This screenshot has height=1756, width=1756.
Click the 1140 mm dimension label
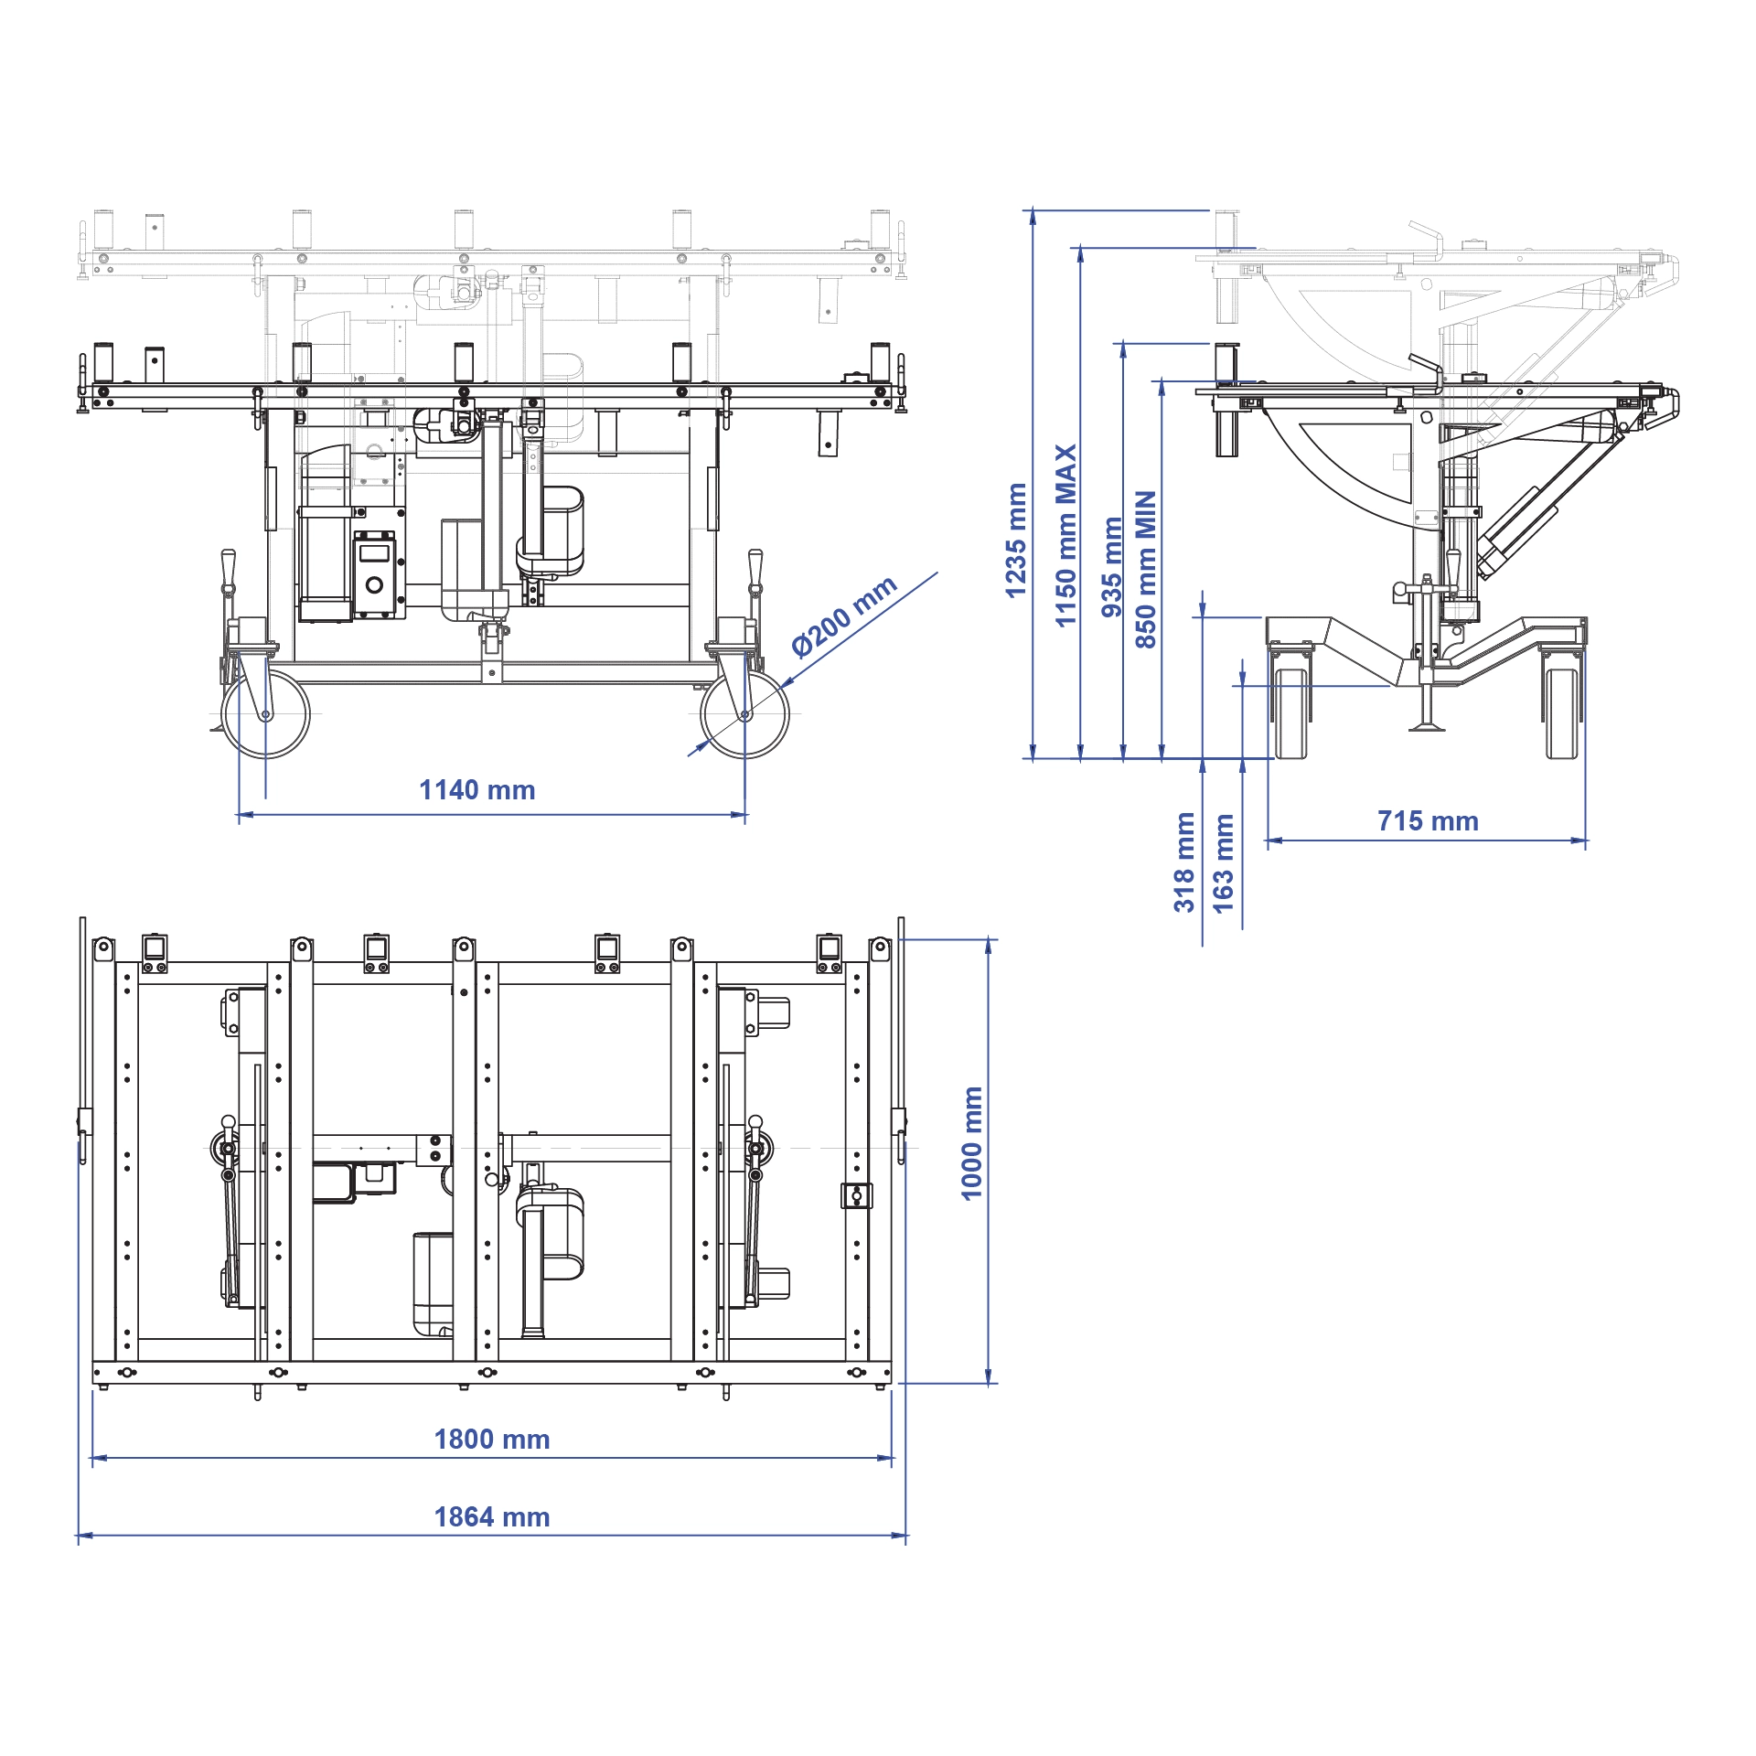476,790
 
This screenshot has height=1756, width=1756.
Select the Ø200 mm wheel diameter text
843,617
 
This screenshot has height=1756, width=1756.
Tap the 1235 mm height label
1016,541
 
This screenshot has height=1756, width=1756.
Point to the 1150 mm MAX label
1065,536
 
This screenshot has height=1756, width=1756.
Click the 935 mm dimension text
1111,567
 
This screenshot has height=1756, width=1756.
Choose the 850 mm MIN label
1145,569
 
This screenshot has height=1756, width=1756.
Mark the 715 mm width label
1428,821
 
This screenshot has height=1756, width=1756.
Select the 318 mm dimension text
1184,862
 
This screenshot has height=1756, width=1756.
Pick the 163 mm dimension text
1224,863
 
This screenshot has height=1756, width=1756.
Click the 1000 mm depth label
971,1143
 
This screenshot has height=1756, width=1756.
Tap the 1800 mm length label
491,1440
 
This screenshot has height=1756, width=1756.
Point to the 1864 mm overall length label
491,1517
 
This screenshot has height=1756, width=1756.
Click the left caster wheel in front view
266,714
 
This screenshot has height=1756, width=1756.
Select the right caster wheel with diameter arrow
744,714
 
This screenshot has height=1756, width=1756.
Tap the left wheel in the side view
1290,713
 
